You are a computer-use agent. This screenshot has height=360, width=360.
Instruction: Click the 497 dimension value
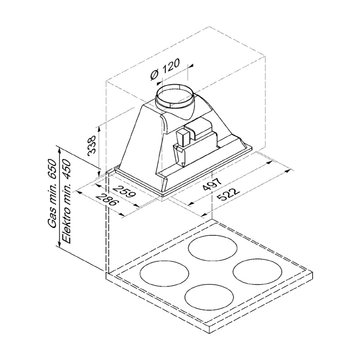(x=213, y=185)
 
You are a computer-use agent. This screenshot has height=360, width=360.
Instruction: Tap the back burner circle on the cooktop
(x=213, y=249)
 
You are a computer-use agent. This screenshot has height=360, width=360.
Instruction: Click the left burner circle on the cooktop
(x=165, y=273)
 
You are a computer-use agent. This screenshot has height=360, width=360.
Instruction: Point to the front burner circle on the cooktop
(x=209, y=296)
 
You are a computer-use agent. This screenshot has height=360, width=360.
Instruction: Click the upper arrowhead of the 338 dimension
(x=99, y=129)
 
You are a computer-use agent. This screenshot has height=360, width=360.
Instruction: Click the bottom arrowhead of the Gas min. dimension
(x=59, y=245)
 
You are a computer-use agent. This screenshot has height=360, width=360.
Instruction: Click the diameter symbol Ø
(x=155, y=75)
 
